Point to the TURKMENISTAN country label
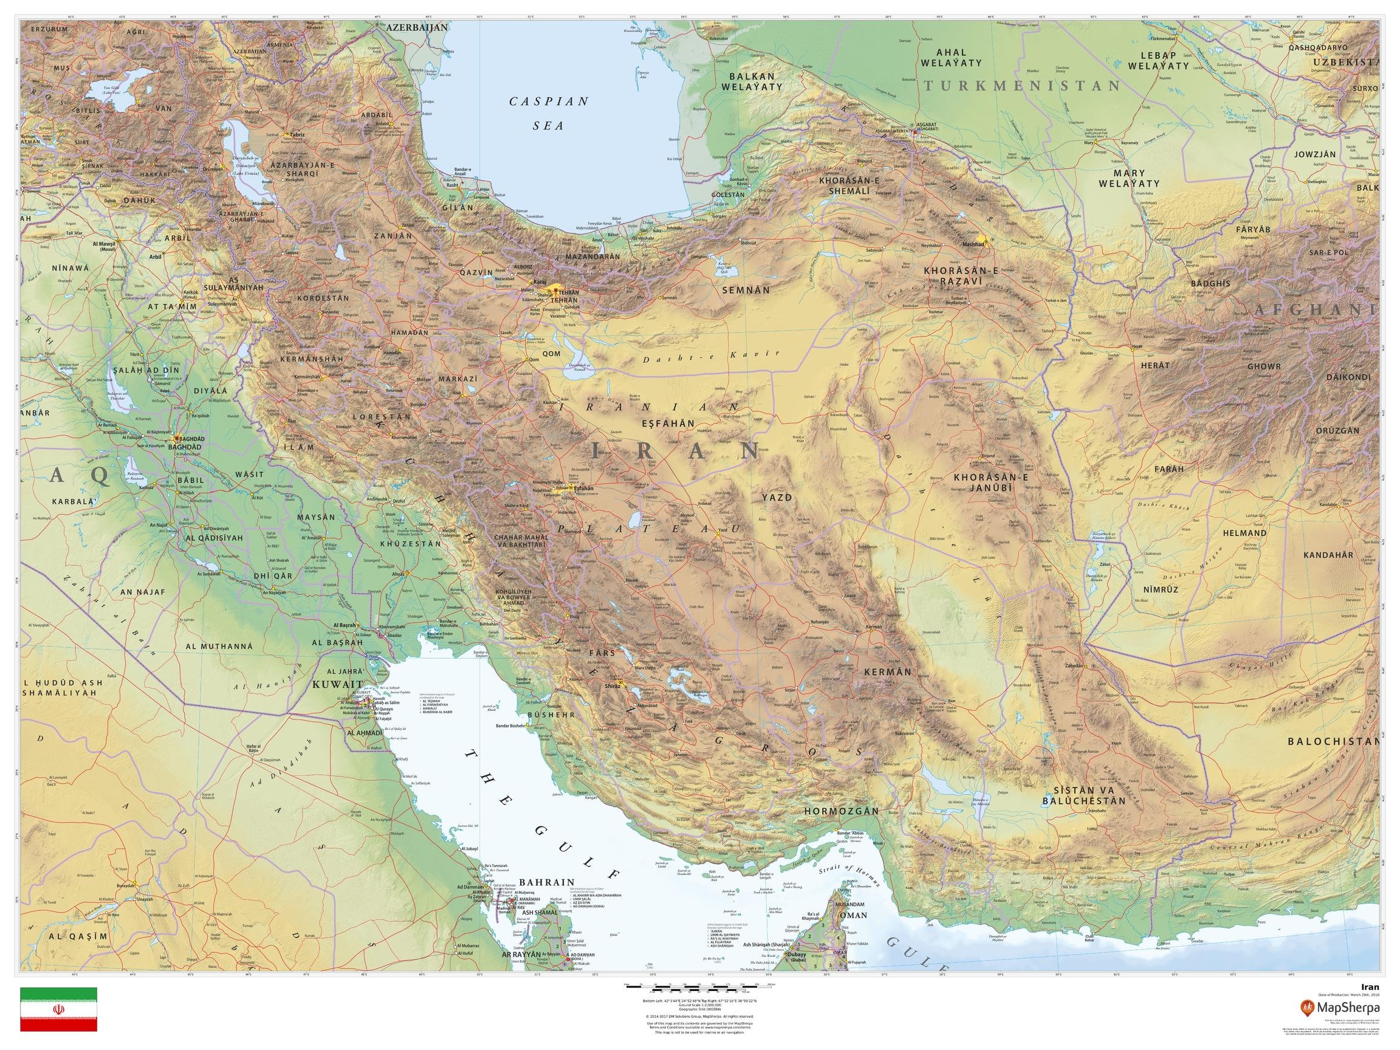click(x=1021, y=86)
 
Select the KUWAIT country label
click(x=336, y=685)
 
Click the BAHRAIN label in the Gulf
click(x=546, y=882)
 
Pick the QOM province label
click(x=551, y=354)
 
